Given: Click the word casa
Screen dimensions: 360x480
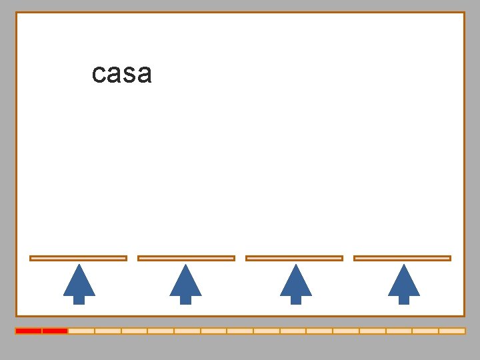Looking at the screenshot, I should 122,74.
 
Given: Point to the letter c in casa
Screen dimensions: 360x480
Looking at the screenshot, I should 99,75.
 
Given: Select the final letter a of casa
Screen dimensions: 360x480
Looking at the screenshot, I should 145,75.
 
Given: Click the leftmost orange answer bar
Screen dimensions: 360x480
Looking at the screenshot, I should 78,258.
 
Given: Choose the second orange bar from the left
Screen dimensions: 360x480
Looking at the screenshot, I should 186,258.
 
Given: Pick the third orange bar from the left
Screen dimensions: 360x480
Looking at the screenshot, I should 294,258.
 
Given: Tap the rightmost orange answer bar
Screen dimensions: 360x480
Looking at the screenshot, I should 402,258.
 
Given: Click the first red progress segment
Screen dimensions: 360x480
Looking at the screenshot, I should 29,331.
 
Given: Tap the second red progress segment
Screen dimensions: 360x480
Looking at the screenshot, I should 55,331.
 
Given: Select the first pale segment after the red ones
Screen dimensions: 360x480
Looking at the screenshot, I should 81,331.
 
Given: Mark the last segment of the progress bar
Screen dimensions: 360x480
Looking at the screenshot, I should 452,331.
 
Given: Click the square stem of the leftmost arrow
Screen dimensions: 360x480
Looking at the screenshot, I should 79,299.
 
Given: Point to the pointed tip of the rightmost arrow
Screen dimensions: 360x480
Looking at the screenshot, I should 403,266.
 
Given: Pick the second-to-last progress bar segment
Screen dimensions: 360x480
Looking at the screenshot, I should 425,331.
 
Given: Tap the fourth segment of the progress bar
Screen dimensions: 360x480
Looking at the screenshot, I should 108,331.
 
